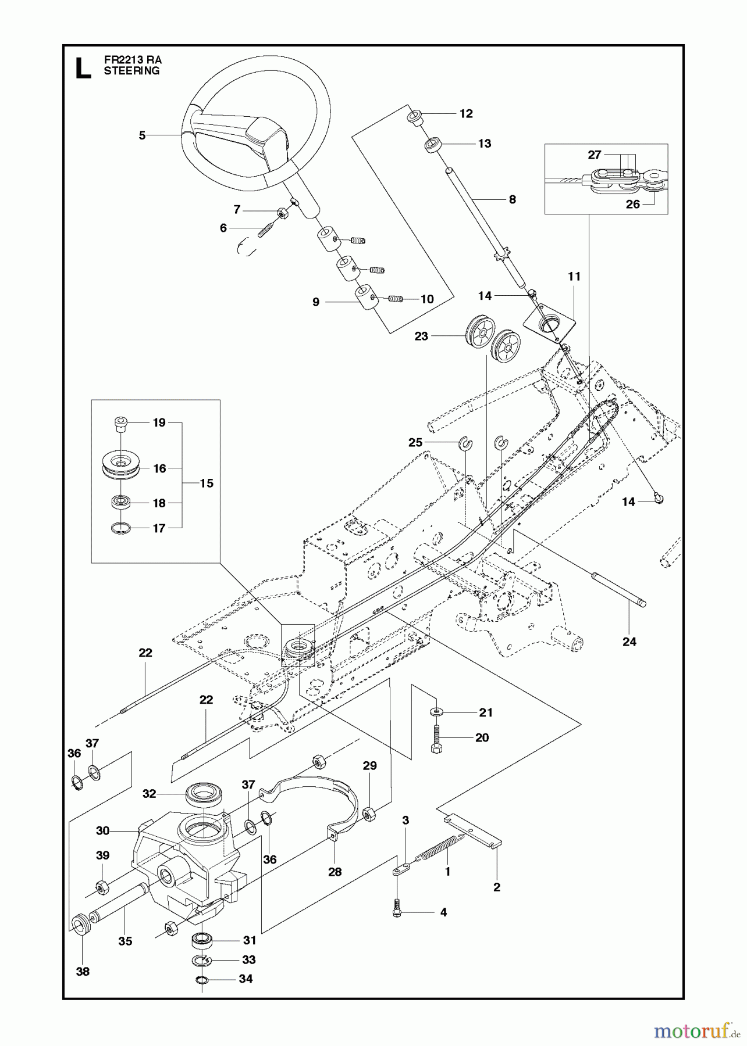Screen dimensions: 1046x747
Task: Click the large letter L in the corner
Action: (83, 68)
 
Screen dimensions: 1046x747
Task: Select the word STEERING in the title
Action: (131, 71)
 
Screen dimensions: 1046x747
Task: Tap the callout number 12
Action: (466, 113)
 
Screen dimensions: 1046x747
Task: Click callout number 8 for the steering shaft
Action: (512, 199)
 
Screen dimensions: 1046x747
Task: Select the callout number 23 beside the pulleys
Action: (421, 336)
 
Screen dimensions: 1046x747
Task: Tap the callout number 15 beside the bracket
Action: (207, 483)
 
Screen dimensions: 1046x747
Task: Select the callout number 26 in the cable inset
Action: (632, 204)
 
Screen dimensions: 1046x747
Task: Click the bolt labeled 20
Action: (437, 740)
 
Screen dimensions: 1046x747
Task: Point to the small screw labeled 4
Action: (398, 912)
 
